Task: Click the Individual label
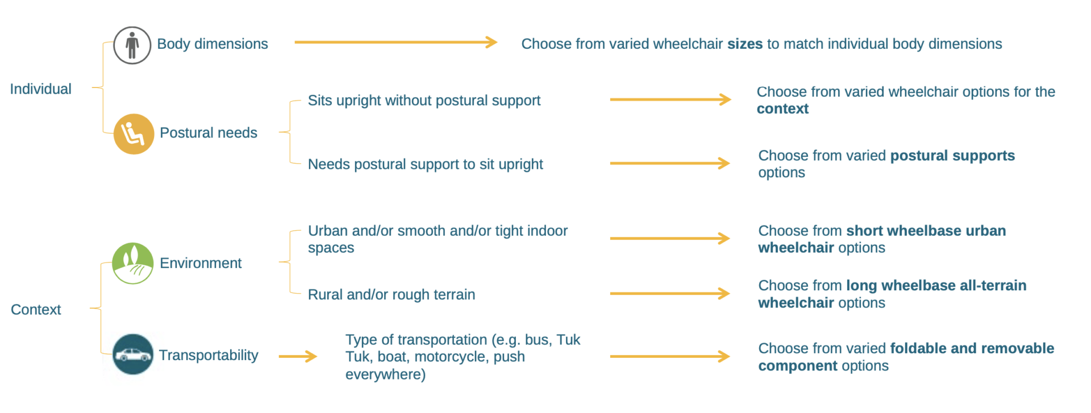[40, 89]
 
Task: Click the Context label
[36, 310]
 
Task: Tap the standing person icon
[132, 45]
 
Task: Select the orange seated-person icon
[134, 134]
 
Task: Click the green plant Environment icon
[132, 264]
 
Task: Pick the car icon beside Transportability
[133, 354]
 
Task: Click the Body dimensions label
[213, 44]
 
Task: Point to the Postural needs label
[209, 133]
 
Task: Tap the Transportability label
[209, 355]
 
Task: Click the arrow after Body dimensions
[396, 42]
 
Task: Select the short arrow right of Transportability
[298, 356]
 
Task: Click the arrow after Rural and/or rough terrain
[670, 294]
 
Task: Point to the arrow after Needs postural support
[670, 164]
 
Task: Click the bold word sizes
[745, 44]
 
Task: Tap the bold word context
[782, 109]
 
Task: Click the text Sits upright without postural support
[424, 101]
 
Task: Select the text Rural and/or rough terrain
[392, 295]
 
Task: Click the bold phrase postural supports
[952, 156]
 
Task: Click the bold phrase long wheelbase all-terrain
[936, 285]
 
